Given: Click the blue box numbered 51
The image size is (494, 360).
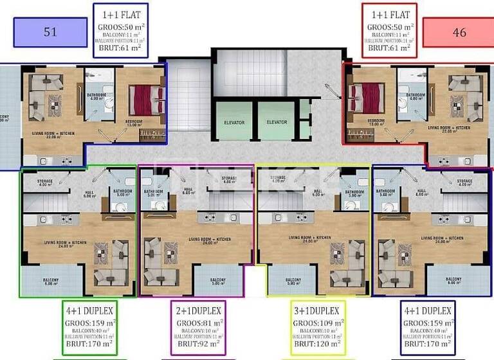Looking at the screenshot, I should point(50,32).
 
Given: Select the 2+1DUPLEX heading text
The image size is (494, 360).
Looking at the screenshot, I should point(199,310).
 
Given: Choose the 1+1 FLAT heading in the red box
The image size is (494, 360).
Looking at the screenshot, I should point(389,15).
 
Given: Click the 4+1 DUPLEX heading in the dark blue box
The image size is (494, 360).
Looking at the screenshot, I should point(428,310).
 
